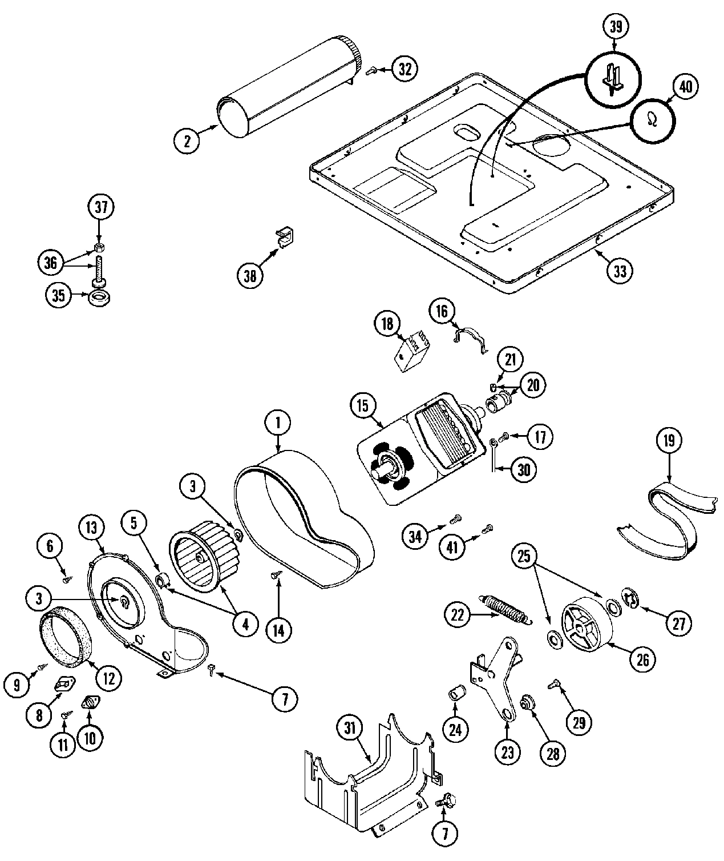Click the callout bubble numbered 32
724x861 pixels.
405,69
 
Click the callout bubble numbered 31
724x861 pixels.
350,727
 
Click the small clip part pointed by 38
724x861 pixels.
284,236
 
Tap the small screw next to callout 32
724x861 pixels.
372,71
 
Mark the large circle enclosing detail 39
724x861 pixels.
614,79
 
